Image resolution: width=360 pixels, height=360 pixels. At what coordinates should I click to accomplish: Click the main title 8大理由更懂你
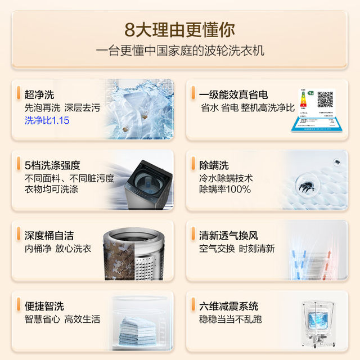(x=180, y=29)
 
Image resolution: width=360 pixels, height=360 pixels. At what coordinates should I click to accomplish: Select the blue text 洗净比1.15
(x=47, y=120)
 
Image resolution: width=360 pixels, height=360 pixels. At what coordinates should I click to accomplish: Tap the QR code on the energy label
(x=325, y=100)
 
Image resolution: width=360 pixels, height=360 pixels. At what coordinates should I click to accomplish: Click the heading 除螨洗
(x=214, y=165)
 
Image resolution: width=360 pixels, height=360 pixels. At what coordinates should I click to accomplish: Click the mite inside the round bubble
(x=308, y=186)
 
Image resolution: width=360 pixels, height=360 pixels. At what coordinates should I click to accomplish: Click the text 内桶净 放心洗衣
(x=58, y=249)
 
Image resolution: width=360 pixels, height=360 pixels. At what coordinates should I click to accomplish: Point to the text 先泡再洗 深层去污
(x=62, y=107)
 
